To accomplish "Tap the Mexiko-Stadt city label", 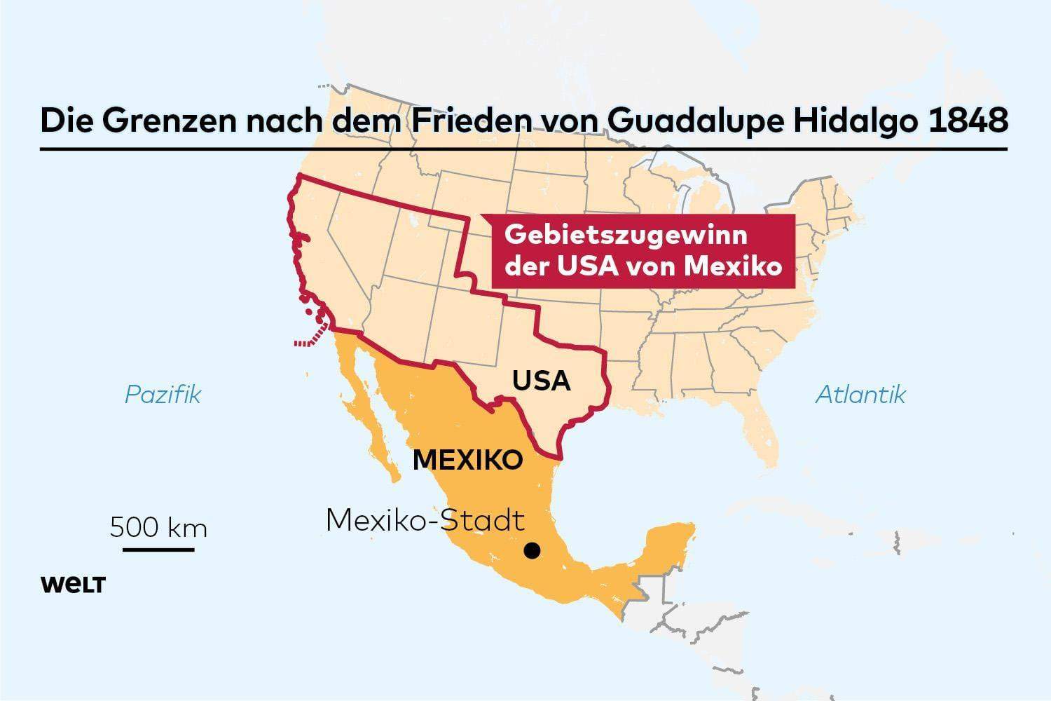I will click(x=425, y=521).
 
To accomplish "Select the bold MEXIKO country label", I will click(x=468, y=460).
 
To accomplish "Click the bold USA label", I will click(x=541, y=381).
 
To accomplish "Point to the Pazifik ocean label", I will click(x=163, y=395).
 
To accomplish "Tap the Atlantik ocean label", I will click(x=860, y=395).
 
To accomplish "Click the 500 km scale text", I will click(x=158, y=526).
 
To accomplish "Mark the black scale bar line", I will click(x=158, y=549).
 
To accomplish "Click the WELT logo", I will click(x=73, y=585).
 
